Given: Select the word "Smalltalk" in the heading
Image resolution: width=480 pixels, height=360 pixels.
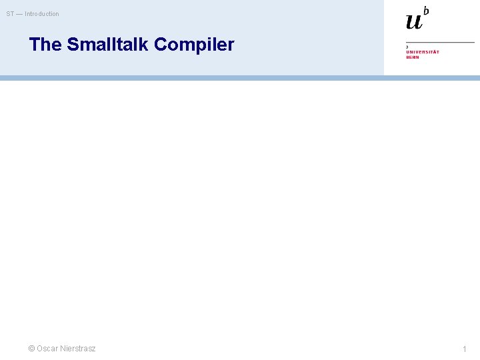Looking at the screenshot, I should (x=108, y=45).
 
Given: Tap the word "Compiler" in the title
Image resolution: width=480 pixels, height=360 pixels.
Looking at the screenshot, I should (x=195, y=45).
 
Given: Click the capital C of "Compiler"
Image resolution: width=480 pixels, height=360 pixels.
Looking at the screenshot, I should (x=161, y=45).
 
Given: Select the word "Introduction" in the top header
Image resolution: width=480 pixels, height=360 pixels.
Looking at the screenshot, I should (x=42, y=14).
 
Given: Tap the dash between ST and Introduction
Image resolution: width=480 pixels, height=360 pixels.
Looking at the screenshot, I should (x=19, y=14).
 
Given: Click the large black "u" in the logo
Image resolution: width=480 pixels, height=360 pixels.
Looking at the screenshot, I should (x=414, y=21).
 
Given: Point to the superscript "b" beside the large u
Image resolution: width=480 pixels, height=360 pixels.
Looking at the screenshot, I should (x=426, y=11).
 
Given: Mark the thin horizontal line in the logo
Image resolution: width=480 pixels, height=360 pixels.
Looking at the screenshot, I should (x=440, y=43).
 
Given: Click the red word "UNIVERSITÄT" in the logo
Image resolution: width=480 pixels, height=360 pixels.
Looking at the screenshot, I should (x=423, y=52).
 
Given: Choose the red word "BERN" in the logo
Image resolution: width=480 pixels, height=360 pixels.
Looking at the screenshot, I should (x=413, y=57).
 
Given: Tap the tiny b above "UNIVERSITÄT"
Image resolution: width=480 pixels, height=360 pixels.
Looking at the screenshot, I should (x=407, y=47).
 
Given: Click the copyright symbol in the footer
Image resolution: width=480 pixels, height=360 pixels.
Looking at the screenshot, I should (x=31, y=349).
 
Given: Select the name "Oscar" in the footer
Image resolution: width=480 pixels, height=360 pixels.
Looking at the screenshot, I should (x=47, y=349).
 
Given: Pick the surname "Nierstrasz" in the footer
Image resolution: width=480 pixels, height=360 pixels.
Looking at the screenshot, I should (x=77, y=349).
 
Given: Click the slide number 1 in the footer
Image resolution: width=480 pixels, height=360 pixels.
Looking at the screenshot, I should (x=465, y=349).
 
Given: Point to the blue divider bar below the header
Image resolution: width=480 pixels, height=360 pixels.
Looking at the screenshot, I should (x=240, y=78).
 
